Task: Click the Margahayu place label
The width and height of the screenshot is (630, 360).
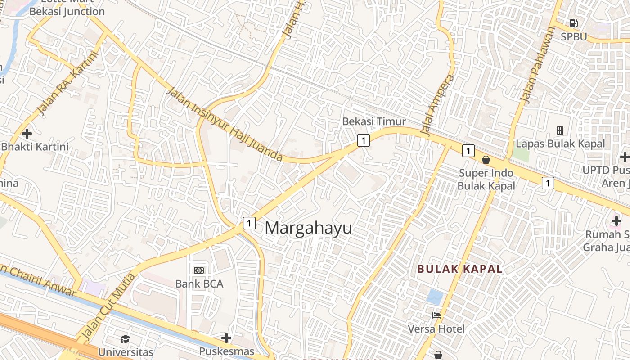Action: [x=308, y=228]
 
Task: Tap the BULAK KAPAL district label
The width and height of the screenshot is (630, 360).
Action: [x=459, y=269]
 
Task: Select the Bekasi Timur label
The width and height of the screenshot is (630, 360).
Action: [x=374, y=121]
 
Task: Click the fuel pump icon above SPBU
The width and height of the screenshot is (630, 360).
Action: [x=573, y=23]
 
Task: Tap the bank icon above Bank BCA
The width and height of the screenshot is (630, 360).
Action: [x=199, y=270]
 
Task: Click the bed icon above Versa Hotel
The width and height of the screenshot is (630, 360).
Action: [x=436, y=315]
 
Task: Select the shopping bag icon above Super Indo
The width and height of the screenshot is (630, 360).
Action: [x=486, y=160]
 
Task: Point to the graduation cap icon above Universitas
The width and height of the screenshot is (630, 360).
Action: [x=125, y=338]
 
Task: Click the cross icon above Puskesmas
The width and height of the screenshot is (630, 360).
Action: [x=226, y=337]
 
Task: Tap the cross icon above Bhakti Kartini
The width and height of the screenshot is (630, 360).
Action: [x=27, y=134]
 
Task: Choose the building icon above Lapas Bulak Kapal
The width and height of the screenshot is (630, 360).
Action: [x=560, y=130]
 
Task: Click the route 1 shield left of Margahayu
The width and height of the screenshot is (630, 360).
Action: [x=249, y=223]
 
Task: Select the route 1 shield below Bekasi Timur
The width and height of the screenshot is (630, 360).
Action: [x=363, y=140]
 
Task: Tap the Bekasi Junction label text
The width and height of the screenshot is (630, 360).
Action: [x=67, y=12]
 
